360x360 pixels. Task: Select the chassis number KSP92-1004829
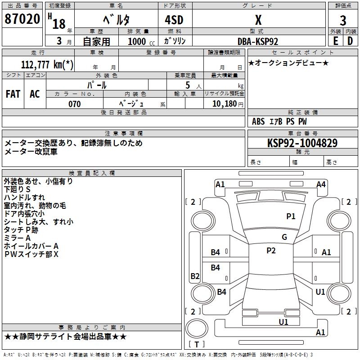point(302,143)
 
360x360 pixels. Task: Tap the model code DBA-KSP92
point(258,41)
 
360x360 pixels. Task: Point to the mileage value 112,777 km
point(47,64)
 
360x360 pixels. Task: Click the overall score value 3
point(343,20)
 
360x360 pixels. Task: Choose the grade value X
point(258,20)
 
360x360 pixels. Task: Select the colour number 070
point(74,104)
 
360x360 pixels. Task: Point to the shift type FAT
point(13,94)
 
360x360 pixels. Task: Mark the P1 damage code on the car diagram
point(291,216)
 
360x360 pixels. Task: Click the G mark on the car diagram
point(284,237)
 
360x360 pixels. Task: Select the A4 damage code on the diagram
point(321,184)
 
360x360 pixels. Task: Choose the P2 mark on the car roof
point(271,251)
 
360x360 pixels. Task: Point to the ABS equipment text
point(258,121)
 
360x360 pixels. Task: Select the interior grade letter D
point(350,41)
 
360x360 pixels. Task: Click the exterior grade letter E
point(335,41)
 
